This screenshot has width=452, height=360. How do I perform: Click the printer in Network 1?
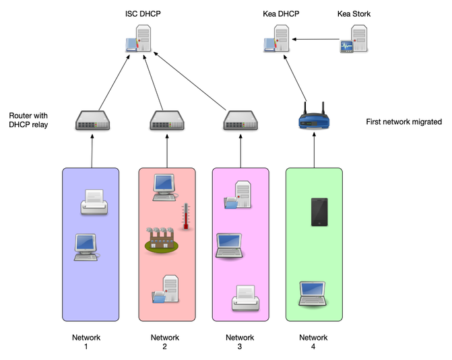tap(93, 202)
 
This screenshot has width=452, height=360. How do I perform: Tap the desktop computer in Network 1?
tap(87, 247)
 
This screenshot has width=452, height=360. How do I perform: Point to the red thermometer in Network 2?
tap(185, 217)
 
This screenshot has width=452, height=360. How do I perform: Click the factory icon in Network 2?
tap(160, 240)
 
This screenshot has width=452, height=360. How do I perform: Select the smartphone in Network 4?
tap(319, 212)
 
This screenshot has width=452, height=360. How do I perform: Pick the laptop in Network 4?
tap(313, 293)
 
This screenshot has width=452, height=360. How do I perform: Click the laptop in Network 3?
tap(229, 246)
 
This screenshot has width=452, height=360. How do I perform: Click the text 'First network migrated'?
tap(403, 122)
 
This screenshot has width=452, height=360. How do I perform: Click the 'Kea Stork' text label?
tap(354, 13)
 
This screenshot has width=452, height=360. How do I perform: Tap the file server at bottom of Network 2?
tap(165, 289)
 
